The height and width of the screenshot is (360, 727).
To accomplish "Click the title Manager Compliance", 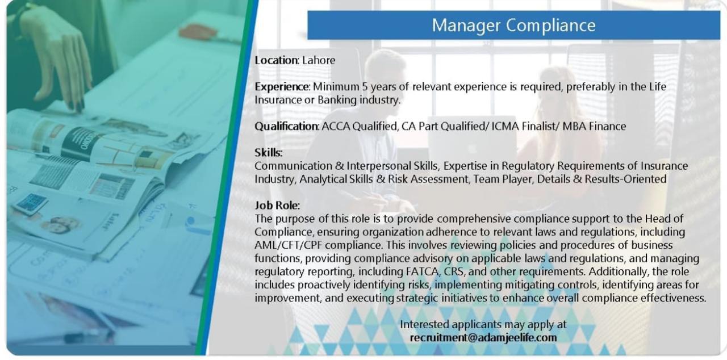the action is pyautogui.click(x=513, y=26).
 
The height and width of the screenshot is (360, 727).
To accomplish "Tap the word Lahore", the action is pyautogui.click(x=319, y=60).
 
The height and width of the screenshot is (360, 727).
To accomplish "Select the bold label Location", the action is pyautogui.click(x=276, y=60).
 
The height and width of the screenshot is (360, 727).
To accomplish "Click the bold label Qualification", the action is pyautogui.click(x=287, y=126).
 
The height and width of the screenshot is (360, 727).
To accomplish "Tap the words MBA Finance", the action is pyautogui.click(x=594, y=126).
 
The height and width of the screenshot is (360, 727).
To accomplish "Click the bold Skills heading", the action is pyautogui.click(x=269, y=152).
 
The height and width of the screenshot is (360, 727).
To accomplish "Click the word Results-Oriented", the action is pyautogui.click(x=625, y=179).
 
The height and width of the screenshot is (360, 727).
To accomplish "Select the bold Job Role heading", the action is pyautogui.click(x=277, y=206).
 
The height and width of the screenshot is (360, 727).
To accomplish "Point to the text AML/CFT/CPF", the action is pyautogui.click(x=288, y=245).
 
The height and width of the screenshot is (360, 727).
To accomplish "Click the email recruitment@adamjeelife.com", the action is pyautogui.click(x=483, y=338).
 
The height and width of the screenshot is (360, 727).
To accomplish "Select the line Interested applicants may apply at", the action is pyautogui.click(x=483, y=324).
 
